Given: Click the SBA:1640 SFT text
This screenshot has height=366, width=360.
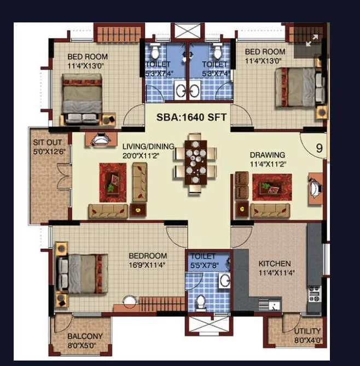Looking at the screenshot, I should [191, 117].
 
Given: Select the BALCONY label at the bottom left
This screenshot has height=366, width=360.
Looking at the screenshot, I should [85, 336].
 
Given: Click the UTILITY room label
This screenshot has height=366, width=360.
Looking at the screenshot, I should [307, 332].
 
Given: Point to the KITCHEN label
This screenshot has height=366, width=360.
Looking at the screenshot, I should [274, 264].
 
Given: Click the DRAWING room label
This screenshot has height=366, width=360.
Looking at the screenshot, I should [268, 155].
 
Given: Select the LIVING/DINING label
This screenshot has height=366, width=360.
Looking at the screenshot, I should [148, 146].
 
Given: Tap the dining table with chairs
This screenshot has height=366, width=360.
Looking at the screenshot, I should [195, 164].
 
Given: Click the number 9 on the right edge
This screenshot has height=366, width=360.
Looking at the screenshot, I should [319, 148].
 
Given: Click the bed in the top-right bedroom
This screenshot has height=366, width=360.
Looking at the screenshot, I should [298, 88].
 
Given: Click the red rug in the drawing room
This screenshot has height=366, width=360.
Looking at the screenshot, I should [271, 187].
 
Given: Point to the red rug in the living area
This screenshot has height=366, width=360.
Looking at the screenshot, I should [113, 182].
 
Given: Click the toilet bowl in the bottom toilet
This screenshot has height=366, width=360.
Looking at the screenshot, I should [200, 301].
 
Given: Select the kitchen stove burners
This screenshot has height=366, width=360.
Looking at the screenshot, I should [314, 294].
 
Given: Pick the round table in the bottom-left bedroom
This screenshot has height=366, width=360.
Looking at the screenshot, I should [129, 301].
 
